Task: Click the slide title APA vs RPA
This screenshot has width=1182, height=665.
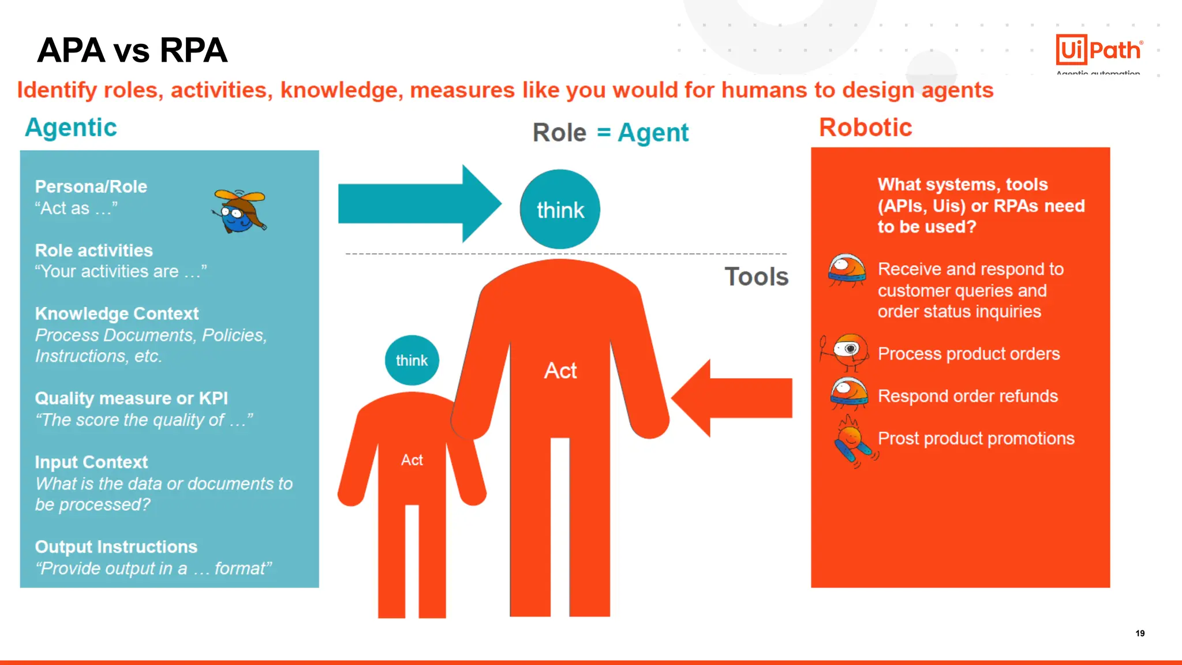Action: coord(132,50)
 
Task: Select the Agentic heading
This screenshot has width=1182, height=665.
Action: coord(70,128)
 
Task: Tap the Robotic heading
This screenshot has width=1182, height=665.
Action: coord(865,128)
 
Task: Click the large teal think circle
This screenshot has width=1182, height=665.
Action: coord(560,210)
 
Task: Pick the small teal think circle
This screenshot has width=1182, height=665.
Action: coord(412,360)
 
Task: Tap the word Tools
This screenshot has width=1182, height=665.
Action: coord(756,277)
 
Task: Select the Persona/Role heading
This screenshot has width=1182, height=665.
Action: coord(91,186)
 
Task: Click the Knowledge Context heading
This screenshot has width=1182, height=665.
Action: coord(117,313)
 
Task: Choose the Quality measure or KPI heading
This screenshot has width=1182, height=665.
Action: coord(131,398)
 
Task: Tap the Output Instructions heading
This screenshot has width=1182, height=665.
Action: coord(116,547)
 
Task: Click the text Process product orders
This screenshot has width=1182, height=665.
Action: coord(968,353)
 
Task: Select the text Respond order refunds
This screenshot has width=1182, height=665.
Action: coord(967,396)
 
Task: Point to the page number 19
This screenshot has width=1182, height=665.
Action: coord(1140,633)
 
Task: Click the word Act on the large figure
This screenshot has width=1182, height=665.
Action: coord(560,371)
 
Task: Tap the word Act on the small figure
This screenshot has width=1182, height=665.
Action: coord(412,460)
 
